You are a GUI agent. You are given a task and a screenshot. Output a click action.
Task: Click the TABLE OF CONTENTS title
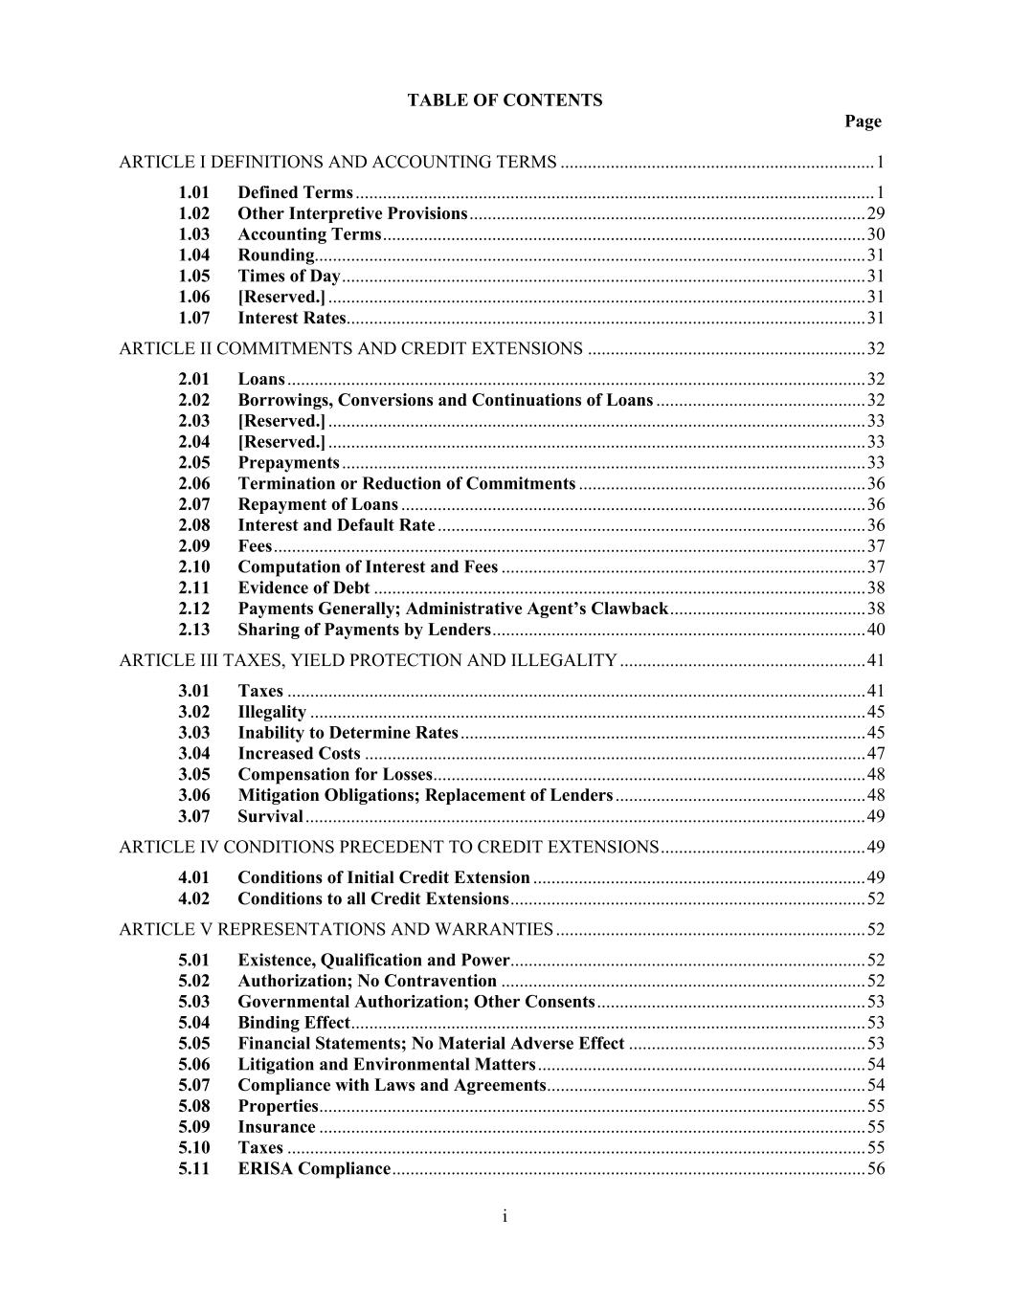[505, 100]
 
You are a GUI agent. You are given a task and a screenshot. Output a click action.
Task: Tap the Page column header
[863, 122]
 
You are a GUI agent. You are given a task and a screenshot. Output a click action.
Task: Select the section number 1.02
[193, 213]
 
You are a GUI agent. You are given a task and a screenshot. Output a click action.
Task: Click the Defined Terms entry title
[295, 192]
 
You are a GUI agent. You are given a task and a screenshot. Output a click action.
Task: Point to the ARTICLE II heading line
[350, 348]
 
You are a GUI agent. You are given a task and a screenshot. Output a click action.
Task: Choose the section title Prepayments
[288, 463]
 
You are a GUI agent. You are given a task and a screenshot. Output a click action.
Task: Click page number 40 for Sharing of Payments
[875, 630]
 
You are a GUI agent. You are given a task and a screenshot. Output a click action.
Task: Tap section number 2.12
[193, 609]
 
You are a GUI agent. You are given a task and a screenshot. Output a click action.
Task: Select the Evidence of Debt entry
[303, 587]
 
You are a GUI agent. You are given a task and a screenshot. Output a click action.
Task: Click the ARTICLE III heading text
[368, 660]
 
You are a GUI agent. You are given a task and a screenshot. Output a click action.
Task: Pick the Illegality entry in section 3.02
[272, 712]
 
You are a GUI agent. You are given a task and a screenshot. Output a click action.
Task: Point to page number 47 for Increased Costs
[875, 754]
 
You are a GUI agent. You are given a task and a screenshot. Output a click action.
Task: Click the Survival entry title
[270, 816]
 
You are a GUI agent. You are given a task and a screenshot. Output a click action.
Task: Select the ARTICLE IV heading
[389, 847]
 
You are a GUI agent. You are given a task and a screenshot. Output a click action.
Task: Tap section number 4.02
[193, 898]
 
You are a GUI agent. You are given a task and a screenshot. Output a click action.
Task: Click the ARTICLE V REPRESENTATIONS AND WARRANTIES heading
[336, 929]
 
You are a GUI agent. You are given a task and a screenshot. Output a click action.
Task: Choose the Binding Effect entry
[294, 1023]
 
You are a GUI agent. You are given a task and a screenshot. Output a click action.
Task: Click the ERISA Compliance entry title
[314, 1168]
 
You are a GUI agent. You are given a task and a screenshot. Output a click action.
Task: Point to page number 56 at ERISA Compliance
[875, 1168]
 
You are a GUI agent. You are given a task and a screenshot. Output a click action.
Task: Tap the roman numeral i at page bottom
[505, 1216]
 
